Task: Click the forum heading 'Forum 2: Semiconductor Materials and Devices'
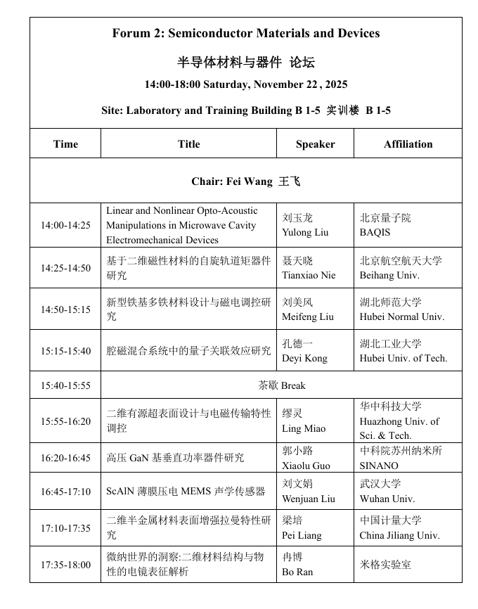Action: (x=246, y=33)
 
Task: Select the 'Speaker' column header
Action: (x=315, y=144)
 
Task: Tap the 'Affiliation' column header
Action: (x=408, y=144)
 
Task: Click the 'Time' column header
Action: (x=65, y=144)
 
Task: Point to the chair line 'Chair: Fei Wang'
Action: (x=245, y=181)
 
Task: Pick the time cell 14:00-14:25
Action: (x=65, y=225)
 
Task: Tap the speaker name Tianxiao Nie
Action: (x=309, y=275)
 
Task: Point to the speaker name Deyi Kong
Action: (x=304, y=358)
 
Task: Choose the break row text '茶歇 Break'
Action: (x=282, y=385)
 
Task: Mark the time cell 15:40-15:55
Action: (x=65, y=385)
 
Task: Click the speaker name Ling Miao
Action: (x=304, y=428)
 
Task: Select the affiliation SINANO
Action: (x=379, y=466)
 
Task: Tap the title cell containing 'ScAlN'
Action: (x=186, y=492)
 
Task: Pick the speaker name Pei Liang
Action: (x=302, y=535)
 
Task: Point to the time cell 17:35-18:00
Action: (x=65, y=565)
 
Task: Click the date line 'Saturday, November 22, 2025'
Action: (x=246, y=84)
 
